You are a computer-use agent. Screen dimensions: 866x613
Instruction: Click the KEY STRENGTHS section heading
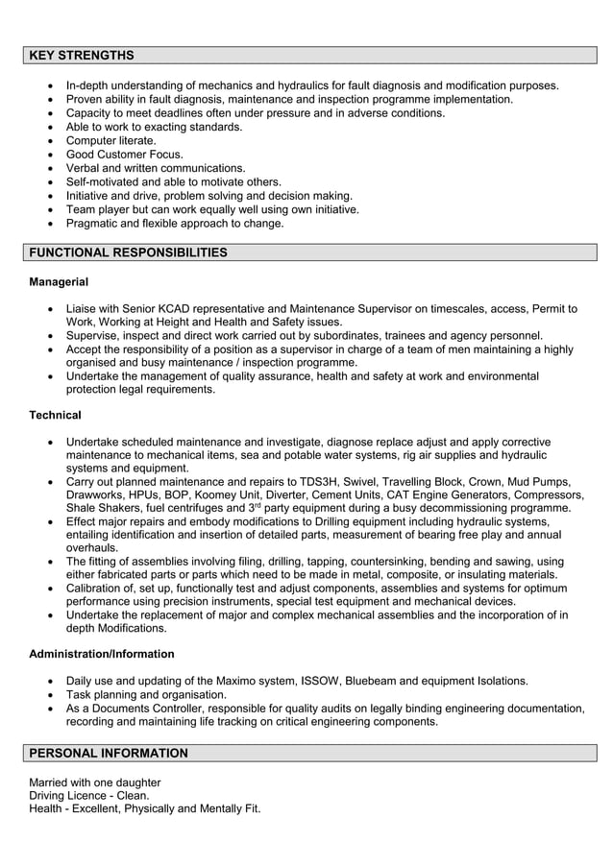tap(82, 56)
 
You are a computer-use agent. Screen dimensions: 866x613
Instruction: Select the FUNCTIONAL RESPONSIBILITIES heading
tap(128, 253)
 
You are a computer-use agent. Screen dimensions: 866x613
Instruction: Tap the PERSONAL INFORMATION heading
tap(109, 754)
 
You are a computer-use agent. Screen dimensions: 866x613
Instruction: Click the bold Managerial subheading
tap(59, 282)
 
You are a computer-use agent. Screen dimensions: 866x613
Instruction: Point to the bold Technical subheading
tap(55, 415)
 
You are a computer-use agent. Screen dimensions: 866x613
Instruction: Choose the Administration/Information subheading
tap(102, 654)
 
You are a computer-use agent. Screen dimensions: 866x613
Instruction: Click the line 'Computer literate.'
tap(110, 140)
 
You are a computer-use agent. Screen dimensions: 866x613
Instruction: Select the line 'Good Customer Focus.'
tap(124, 155)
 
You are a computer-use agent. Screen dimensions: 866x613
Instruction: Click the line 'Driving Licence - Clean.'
tap(89, 796)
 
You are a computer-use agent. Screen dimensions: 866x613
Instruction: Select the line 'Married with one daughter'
tap(95, 782)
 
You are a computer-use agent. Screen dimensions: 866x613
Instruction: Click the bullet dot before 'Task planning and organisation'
tap(50, 695)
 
